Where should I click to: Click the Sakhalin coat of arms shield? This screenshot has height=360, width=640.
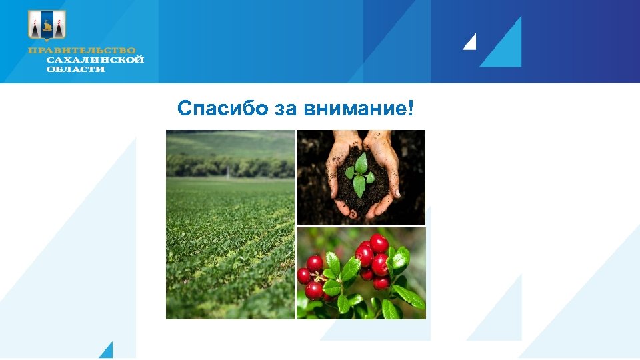[47, 26]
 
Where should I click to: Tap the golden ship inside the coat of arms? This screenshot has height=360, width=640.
[47, 27]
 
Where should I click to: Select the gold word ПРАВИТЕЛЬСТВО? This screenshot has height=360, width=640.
[81, 51]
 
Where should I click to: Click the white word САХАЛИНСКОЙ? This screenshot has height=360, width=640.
[95, 60]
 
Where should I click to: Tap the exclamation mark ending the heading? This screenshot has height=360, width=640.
[410, 109]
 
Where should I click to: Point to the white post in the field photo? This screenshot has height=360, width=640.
[227, 171]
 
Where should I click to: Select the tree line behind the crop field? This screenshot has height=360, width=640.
[230, 163]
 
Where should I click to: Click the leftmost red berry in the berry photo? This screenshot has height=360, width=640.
[304, 275]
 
